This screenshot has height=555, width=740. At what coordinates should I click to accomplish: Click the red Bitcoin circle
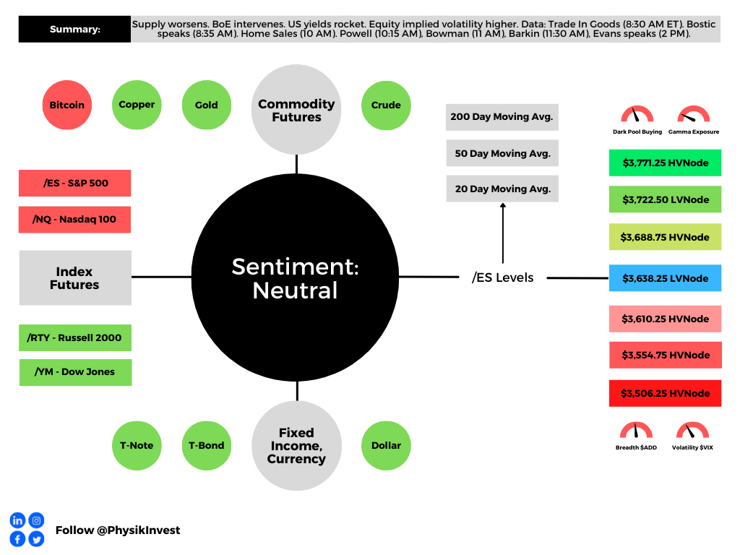(67, 105)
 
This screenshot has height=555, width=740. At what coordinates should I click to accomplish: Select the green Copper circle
(137, 105)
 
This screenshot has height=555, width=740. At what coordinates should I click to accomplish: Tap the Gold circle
(207, 105)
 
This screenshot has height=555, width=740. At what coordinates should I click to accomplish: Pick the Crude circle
(386, 106)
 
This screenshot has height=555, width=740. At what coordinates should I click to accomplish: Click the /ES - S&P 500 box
(75, 183)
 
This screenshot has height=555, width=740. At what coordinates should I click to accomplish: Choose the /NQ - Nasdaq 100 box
(74, 220)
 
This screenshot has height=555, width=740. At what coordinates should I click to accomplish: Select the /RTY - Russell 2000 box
(75, 337)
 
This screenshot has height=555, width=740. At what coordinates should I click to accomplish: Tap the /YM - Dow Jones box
(75, 372)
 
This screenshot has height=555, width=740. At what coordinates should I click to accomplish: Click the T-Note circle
(137, 445)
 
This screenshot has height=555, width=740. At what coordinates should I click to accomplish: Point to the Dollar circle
(386, 445)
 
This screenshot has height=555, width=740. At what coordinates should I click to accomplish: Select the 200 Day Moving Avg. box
(502, 117)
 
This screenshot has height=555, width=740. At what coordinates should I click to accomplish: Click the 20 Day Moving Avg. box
(503, 189)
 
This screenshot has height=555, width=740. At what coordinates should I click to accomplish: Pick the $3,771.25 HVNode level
(666, 163)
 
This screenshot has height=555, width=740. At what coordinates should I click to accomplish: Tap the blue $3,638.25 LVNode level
(666, 278)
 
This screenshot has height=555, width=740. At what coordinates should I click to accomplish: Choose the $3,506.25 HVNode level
(666, 393)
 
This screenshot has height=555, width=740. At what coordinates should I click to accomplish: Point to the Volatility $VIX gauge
(692, 431)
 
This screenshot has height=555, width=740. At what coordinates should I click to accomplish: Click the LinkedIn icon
(17, 520)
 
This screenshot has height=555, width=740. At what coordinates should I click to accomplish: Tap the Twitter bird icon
(36, 539)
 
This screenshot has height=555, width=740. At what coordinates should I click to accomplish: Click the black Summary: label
(74, 29)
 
